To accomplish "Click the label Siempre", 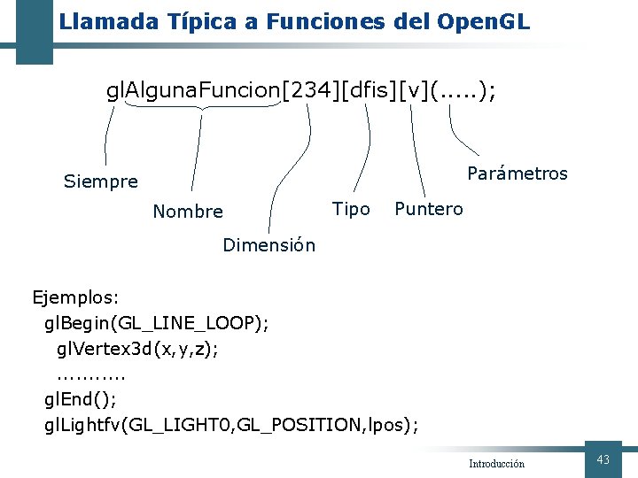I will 101,182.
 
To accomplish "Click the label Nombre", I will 188,212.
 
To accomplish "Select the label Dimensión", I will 268,245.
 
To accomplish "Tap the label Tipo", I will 351,209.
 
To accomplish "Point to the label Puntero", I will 428,209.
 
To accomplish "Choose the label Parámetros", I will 517,173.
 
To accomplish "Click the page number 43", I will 603,459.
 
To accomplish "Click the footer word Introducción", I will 496,464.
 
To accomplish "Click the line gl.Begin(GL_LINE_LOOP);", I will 157,323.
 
